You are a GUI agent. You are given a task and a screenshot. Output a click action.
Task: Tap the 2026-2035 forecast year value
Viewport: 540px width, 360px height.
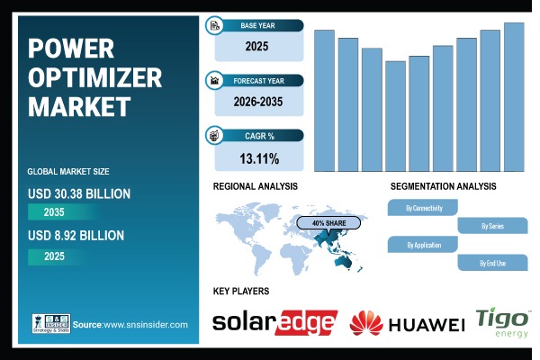258,101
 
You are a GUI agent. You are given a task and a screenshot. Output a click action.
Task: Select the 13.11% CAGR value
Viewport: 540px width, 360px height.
258,158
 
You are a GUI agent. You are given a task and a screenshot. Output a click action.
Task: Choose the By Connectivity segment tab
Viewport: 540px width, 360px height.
421,208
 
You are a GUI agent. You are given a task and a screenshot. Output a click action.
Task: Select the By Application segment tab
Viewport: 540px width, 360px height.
421,245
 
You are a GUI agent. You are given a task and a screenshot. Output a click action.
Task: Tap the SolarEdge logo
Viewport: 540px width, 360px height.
274,322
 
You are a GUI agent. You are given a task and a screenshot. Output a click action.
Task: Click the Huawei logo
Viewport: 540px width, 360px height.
407,323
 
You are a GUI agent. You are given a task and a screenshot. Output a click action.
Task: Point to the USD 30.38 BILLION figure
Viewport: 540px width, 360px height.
79,193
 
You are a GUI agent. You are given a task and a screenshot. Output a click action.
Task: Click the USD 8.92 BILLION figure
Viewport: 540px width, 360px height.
76,236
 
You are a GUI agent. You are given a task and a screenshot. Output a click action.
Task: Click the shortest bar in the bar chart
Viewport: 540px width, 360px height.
395,116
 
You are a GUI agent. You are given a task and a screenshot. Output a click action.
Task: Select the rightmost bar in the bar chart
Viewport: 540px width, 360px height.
514,96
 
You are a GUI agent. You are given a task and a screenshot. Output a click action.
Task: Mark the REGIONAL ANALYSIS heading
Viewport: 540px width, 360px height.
255,186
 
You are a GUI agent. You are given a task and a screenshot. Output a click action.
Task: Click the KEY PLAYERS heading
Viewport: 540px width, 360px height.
240,292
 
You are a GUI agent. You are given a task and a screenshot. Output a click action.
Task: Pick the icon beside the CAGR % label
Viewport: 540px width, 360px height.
214,136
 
